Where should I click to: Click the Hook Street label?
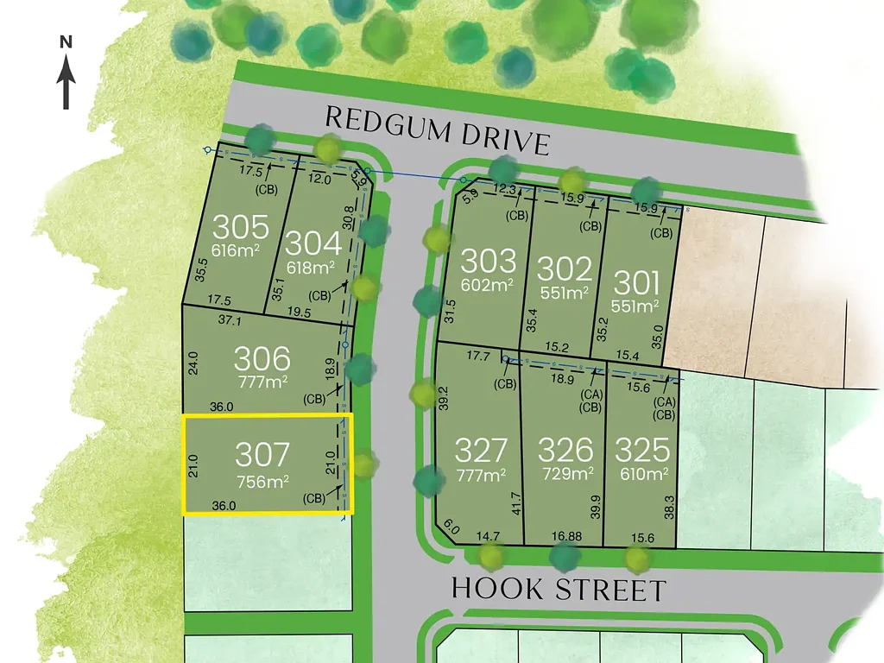(x=559, y=590)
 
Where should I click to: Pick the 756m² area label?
(x=262, y=481)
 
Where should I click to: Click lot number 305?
(x=241, y=229)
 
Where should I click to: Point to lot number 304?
(x=313, y=243)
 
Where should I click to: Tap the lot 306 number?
(x=262, y=358)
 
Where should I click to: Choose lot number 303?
(x=488, y=262)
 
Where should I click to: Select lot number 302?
(x=565, y=268)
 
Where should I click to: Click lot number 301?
(x=636, y=283)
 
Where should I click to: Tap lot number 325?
(x=642, y=451)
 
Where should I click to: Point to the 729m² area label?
(x=565, y=474)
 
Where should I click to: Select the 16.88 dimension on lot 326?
(x=565, y=537)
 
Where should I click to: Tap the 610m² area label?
(x=642, y=474)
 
